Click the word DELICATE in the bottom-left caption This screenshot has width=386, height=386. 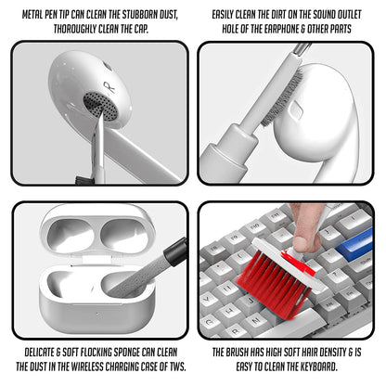(x=37, y=353)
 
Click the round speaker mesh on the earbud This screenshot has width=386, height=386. (x=98, y=104)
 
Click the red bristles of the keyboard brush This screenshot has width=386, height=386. (x=270, y=273)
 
